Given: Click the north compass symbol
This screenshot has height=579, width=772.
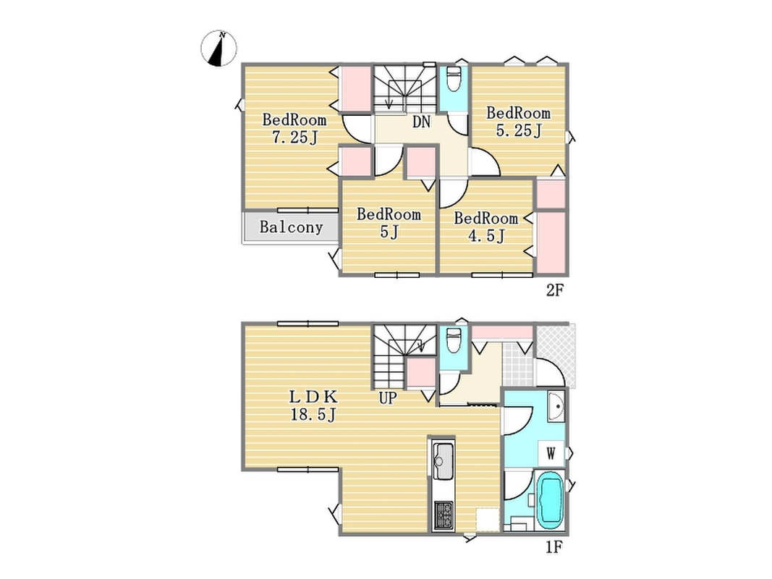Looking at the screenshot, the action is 219,48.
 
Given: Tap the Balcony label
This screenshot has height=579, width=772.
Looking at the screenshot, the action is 291,227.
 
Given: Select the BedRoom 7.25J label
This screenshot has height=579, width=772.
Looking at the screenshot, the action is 294,129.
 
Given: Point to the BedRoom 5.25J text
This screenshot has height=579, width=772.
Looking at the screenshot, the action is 519,122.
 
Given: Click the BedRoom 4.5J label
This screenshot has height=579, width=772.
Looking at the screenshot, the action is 486,227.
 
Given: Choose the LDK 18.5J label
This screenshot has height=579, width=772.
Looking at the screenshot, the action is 313,405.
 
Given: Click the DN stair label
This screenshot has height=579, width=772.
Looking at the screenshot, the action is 421,122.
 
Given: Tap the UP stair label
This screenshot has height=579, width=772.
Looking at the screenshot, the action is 388,397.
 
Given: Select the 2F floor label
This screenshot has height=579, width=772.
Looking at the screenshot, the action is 554,290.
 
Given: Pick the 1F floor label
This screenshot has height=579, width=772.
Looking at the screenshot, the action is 554,547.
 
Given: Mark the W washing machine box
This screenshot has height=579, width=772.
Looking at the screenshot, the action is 551,453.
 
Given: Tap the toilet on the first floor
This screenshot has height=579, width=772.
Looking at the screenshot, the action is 452,339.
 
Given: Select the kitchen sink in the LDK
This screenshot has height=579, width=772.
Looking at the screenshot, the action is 443,460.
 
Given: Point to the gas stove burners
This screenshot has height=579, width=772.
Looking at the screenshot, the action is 443,515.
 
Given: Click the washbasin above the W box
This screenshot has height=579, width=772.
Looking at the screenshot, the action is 556,407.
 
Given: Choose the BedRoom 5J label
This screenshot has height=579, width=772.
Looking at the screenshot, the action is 389,223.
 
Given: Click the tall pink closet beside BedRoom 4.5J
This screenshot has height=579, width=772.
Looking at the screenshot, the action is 551,242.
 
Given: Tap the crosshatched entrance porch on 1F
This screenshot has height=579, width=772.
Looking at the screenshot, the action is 556,355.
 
